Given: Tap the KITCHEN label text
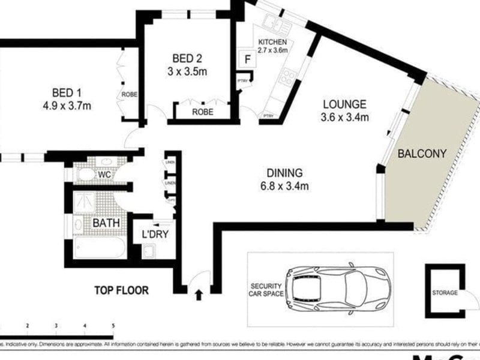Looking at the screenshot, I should tap(273, 42).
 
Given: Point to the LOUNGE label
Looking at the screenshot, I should tap(343, 104).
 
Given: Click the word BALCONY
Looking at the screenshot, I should tap(422, 154).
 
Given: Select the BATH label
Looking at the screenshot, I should tap(106, 223).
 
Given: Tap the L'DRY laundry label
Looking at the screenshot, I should tap(155, 234).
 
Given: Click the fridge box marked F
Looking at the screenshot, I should tap(246, 60).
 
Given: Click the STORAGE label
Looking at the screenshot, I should tap(445, 293).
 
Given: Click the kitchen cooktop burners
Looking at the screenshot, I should tap(287, 76).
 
